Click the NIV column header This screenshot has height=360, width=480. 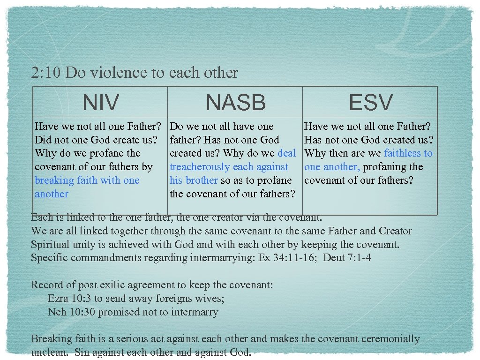pos(101,102)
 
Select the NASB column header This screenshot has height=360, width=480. pos(235,102)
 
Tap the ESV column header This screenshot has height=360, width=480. pos(370,102)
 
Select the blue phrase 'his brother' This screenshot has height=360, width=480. pos(194,180)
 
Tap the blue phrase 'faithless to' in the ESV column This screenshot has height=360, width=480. pos(408,153)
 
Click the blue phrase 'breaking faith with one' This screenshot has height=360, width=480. pos(87,180)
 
